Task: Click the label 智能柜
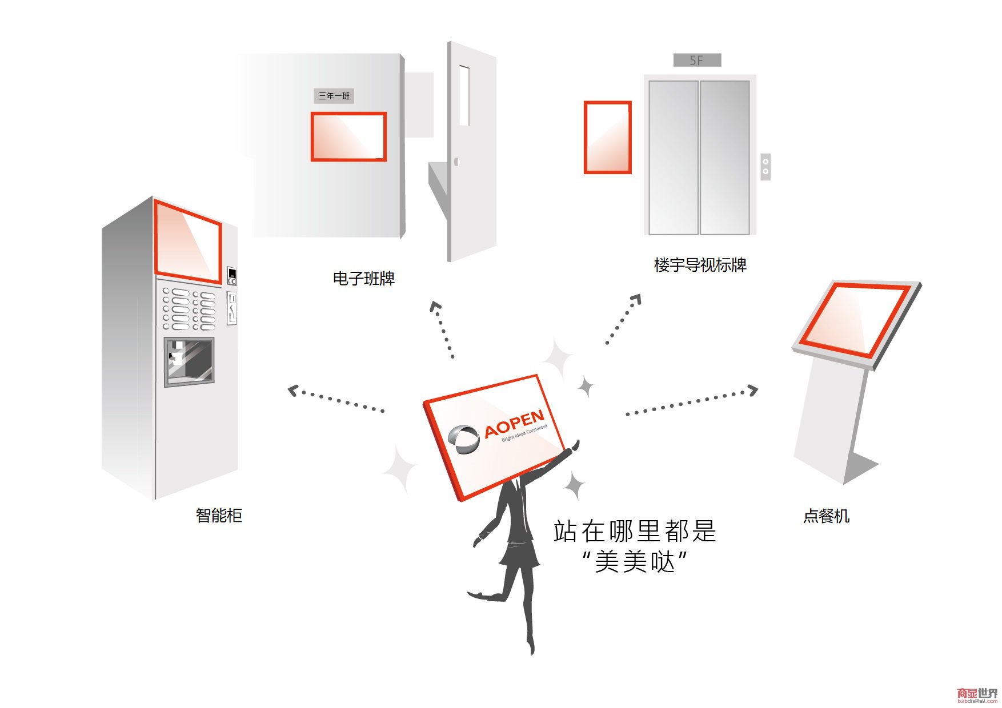pos(219,516)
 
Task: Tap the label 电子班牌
pos(364,279)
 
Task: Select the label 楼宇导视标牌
pos(700,265)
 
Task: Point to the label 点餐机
pos(826,516)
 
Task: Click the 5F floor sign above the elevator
pos(697,60)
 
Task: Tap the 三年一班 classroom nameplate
pos(334,96)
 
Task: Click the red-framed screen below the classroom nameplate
pos(348,137)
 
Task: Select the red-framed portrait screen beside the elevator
pos(607,137)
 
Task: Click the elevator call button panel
pos(765,166)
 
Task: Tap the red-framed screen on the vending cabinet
pos(188,242)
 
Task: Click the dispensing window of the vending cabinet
pos(189,361)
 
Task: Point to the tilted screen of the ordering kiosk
pos(854,320)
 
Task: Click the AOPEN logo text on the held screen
pos(514,423)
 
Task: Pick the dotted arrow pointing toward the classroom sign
pos(442,329)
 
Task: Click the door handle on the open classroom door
pos(456,162)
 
